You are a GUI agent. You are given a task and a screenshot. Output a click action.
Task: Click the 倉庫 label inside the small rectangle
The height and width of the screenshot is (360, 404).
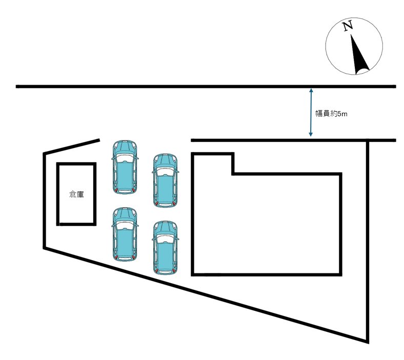76,194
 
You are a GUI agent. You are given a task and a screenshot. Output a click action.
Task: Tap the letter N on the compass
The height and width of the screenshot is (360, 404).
348,26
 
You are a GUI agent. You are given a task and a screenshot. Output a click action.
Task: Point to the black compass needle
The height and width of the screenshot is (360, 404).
359,55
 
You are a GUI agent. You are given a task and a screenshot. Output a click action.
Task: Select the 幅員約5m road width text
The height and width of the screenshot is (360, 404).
331,114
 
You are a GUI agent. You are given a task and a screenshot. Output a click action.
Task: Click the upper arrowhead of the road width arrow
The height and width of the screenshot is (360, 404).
311,91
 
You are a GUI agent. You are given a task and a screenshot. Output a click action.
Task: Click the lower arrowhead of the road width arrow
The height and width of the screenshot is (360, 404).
311,134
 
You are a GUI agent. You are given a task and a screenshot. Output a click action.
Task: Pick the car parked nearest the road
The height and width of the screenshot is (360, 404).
125,167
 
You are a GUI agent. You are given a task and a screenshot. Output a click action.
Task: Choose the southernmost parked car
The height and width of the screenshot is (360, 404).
166,248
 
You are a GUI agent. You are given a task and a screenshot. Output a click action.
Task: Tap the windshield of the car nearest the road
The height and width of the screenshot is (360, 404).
125,158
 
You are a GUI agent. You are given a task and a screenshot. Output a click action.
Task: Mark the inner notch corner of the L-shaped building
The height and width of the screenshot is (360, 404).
233,174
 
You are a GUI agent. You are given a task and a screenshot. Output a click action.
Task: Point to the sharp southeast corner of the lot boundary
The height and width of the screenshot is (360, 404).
368,342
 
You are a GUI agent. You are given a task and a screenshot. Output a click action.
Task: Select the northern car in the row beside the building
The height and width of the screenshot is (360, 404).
166,181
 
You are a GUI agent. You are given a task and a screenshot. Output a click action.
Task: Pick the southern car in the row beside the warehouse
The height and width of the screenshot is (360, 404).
125,234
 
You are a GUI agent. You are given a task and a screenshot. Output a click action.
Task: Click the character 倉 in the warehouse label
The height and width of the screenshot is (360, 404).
73,194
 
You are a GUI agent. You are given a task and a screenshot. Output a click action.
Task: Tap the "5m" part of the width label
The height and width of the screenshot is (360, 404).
342,114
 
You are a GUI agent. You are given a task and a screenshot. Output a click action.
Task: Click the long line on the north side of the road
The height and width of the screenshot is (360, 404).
206,87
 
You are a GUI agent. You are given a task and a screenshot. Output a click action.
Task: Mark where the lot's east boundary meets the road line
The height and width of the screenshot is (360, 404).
368,140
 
